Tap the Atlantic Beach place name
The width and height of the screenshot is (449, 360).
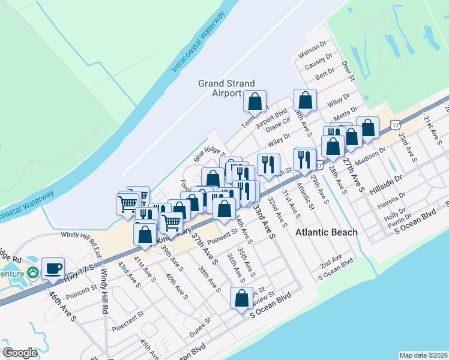327,232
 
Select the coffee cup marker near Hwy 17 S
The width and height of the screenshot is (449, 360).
53,268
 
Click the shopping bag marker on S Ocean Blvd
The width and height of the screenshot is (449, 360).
241,298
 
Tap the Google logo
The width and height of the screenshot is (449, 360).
20,352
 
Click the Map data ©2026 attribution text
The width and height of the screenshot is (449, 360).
423,355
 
